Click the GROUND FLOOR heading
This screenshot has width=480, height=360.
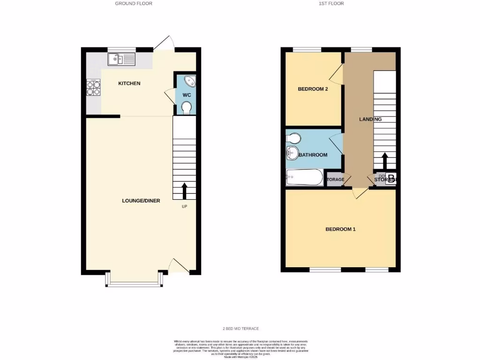tap(134, 3)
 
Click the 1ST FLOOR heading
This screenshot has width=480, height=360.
tap(331, 3)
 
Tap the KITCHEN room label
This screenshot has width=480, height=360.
tap(129, 83)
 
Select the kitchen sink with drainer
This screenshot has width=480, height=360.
tap(121, 59)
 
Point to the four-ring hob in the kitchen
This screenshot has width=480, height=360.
tap(93, 88)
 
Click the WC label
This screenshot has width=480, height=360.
tap(187, 95)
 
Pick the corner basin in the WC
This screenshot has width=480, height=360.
tap(190, 81)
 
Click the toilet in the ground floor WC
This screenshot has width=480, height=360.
tap(187, 108)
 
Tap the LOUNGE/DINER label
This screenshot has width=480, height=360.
tap(141, 201)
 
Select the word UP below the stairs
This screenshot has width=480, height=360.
tap(184, 206)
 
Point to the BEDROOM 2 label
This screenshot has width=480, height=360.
tap(313, 89)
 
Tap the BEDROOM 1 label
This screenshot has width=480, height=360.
tap(341, 229)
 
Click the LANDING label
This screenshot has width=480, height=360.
tap(370, 119)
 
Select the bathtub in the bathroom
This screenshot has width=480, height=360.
tap(304, 178)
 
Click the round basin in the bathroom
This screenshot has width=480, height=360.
tap(292, 152)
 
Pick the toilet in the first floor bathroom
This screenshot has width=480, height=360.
tap(293, 138)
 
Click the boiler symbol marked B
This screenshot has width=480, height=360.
tap(391, 179)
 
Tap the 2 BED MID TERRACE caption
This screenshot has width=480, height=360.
tap(240, 329)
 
